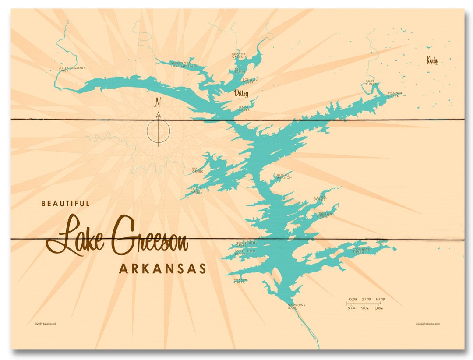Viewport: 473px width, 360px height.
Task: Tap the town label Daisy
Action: [x=241, y=93]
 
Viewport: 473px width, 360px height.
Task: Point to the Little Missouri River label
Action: [x=73, y=69]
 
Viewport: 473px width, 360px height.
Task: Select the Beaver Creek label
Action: [x=239, y=55]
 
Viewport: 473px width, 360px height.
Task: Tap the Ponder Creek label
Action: [x=394, y=95]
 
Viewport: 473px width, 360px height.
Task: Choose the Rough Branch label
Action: [x=283, y=176]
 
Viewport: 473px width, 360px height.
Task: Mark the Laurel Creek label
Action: [x=320, y=198]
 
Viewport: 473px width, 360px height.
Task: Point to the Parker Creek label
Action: [x=240, y=281]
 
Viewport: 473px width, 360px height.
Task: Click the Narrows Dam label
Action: [x=296, y=306]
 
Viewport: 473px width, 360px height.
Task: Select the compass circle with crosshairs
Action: [x=158, y=131]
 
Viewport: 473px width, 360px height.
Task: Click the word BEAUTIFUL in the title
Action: [x=65, y=204]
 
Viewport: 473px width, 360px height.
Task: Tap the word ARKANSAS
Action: [x=162, y=268]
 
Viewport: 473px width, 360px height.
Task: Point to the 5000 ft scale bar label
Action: [x=380, y=299]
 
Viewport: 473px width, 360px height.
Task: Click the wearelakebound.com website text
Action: [x=427, y=324]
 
